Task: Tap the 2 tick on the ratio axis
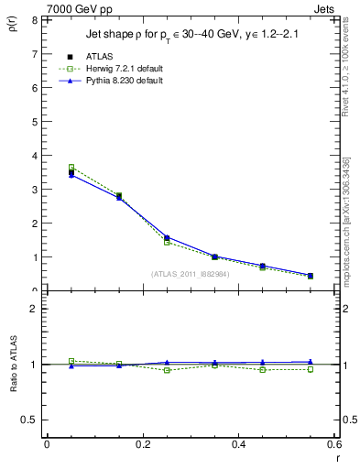(x=34, y=309)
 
